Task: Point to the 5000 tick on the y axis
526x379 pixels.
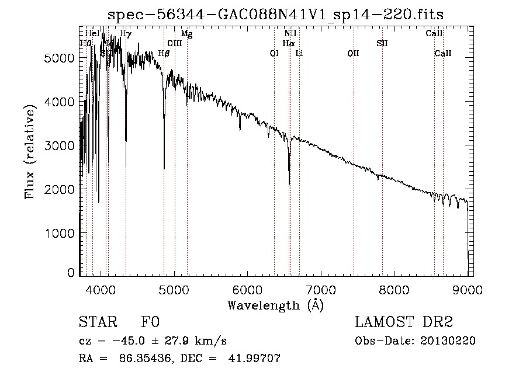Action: pos(80,58)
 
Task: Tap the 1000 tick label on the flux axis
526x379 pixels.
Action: pos(60,233)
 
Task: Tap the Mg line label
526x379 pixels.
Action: pos(186,34)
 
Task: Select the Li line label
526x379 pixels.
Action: pos(299,53)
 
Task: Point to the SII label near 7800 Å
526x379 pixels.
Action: pos(382,43)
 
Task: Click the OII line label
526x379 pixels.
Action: pos(353,53)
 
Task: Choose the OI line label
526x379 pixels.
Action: pos(274,53)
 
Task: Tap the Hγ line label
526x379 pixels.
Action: pos(126,34)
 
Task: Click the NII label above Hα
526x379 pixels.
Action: pos(290,34)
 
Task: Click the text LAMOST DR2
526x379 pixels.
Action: pos(404,322)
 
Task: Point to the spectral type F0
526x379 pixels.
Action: pos(151,322)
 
